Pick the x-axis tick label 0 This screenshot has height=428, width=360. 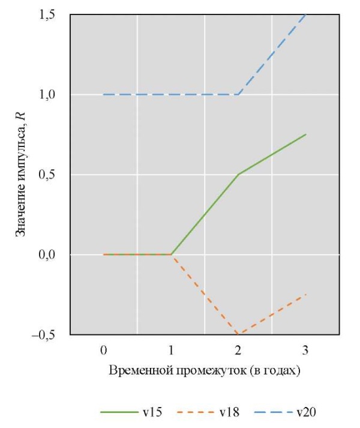click(x=104, y=349)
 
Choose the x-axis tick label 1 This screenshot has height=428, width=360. click(x=171, y=349)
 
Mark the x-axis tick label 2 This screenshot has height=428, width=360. click(x=238, y=349)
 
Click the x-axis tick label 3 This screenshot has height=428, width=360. click(x=306, y=349)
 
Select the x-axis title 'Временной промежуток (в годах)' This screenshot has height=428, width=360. click(x=205, y=370)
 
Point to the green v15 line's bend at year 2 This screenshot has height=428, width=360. click(x=238, y=175)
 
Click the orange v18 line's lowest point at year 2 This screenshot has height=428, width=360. click(x=238, y=334)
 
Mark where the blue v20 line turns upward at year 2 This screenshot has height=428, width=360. click(x=238, y=94)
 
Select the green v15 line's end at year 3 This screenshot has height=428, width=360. click(x=306, y=134)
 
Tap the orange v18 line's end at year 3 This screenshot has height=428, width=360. click(x=306, y=294)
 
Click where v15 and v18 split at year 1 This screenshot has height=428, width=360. click(x=171, y=255)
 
